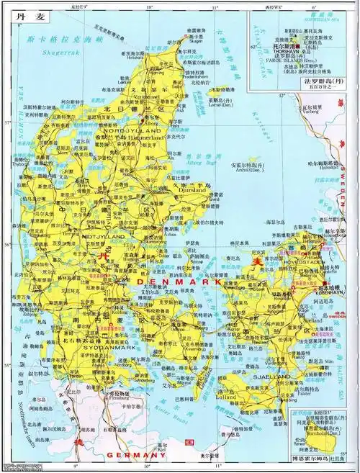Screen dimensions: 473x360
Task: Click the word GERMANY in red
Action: point(136,456)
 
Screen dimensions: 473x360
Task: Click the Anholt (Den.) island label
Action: point(246,170)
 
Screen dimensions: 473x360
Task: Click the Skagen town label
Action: point(197,42)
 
